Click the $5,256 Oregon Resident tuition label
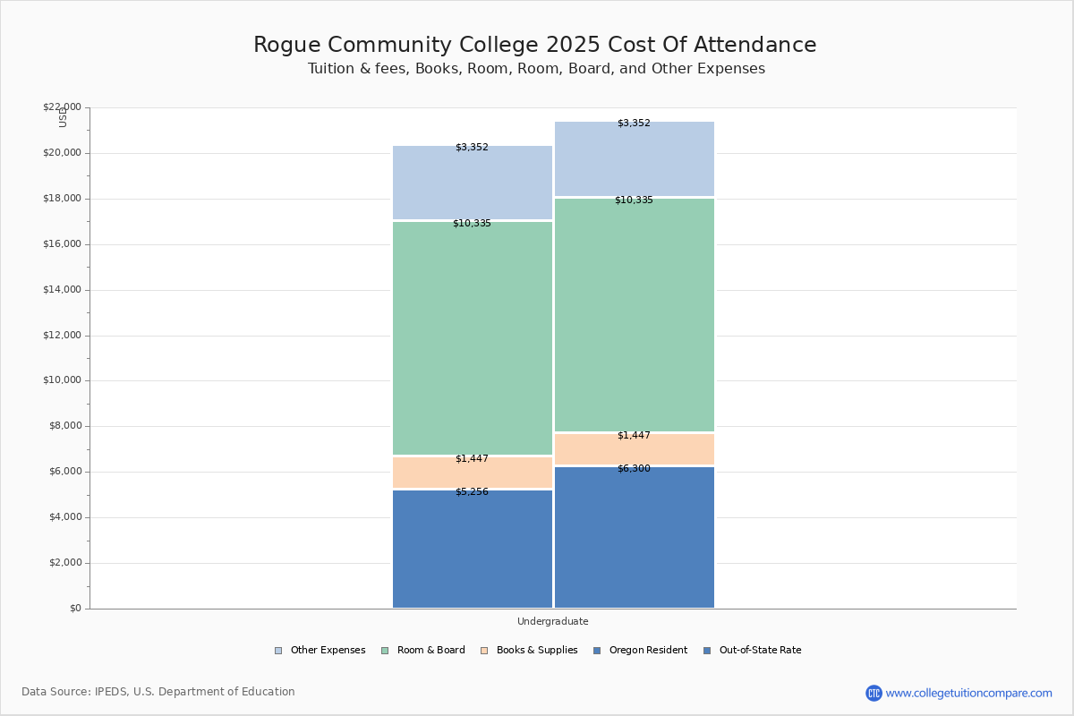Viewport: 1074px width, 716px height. (x=472, y=491)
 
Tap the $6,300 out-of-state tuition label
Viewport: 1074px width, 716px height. (x=634, y=468)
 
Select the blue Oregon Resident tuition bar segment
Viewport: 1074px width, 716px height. (x=472, y=550)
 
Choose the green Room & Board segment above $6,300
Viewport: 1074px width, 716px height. (x=634, y=315)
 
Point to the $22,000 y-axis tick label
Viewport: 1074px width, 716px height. (x=62, y=107)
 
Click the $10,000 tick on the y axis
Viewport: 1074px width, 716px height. (x=62, y=380)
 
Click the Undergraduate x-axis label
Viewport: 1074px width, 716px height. (x=552, y=621)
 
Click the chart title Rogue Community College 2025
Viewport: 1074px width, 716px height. (x=534, y=45)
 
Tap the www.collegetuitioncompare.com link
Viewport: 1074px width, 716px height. (x=968, y=693)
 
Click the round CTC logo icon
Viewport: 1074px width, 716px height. (x=874, y=693)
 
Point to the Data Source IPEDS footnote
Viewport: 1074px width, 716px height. (x=158, y=692)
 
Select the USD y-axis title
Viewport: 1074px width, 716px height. (x=63, y=117)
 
